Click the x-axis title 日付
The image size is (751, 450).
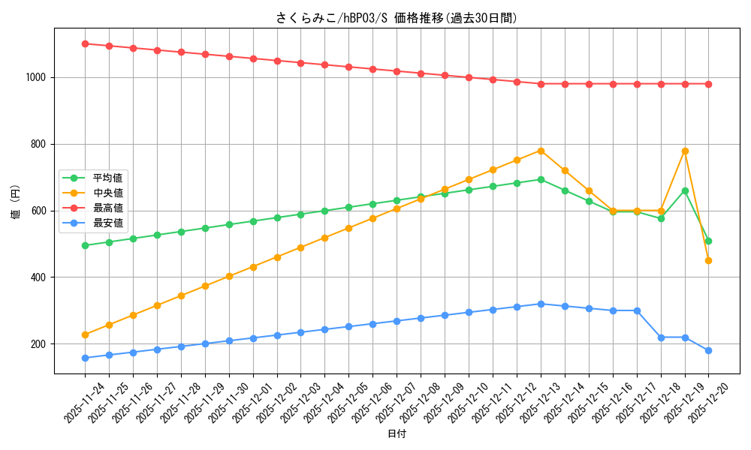pos(397,434)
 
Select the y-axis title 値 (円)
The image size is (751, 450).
pos(16,202)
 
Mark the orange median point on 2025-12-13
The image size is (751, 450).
pos(541,151)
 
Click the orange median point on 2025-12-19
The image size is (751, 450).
pos(685,151)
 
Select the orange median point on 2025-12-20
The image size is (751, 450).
pos(708,260)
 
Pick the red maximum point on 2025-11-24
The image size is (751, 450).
pos(85,43)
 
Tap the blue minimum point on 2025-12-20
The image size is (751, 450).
pos(708,350)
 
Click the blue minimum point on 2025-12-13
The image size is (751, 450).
pos(541,304)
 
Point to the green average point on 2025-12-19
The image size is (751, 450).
pos(685,190)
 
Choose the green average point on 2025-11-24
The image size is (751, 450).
pos(85,245)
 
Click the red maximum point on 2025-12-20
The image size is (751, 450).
pos(708,84)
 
